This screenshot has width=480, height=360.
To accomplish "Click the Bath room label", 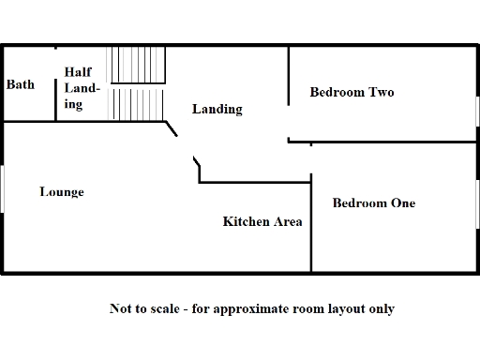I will [21, 85].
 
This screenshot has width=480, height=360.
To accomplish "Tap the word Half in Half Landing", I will [76, 72].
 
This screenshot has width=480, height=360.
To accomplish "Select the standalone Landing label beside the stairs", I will [217, 110].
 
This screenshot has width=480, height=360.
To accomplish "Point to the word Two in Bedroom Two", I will [381, 93].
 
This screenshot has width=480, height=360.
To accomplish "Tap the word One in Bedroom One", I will [403, 203].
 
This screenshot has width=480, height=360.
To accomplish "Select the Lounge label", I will [61, 192].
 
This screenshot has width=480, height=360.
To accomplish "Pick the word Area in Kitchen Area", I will [287, 222].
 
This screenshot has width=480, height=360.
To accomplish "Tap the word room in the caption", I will [314, 308].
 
